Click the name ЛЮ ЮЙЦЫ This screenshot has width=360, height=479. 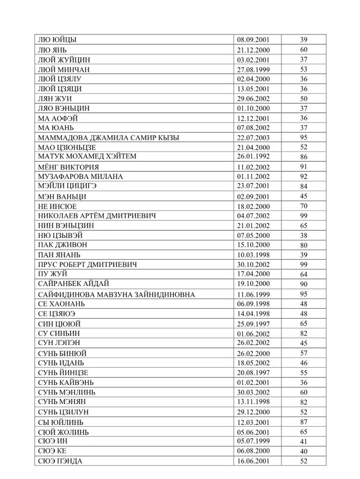coord(57,40)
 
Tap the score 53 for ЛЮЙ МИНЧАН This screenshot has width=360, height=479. coord(303,70)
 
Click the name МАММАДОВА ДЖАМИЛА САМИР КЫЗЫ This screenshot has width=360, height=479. coord(108,138)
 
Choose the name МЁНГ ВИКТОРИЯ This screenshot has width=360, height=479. coord(68,167)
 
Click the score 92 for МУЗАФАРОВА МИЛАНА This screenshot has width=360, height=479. coord(303,177)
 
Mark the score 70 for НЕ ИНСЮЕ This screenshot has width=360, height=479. coord(303,206)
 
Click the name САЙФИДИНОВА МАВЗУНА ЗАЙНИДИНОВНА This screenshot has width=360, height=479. coord(116,294)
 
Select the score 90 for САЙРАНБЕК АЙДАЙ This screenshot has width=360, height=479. coord(303,284)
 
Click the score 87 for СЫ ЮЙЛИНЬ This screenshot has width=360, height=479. coord(303,422)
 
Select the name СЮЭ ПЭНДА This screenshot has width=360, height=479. coord(60,461)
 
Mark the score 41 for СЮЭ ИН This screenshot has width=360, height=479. coord(303,442)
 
